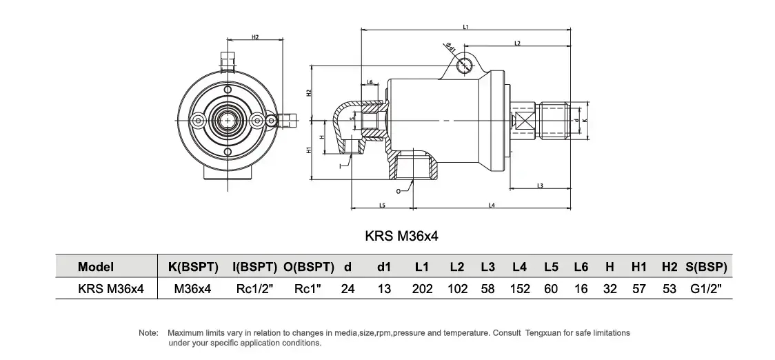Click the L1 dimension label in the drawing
(x=466, y=28)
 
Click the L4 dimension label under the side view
(x=492, y=205)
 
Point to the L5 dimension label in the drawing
(x=382, y=205)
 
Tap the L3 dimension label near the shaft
(x=540, y=185)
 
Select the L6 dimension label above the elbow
(x=370, y=82)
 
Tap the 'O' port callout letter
(x=399, y=189)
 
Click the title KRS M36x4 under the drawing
(x=401, y=236)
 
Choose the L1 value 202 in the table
(x=422, y=289)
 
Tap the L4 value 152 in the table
(x=520, y=289)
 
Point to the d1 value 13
(x=385, y=289)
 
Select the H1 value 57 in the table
(x=639, y=289)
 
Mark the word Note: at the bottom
(x=148, y=332)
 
